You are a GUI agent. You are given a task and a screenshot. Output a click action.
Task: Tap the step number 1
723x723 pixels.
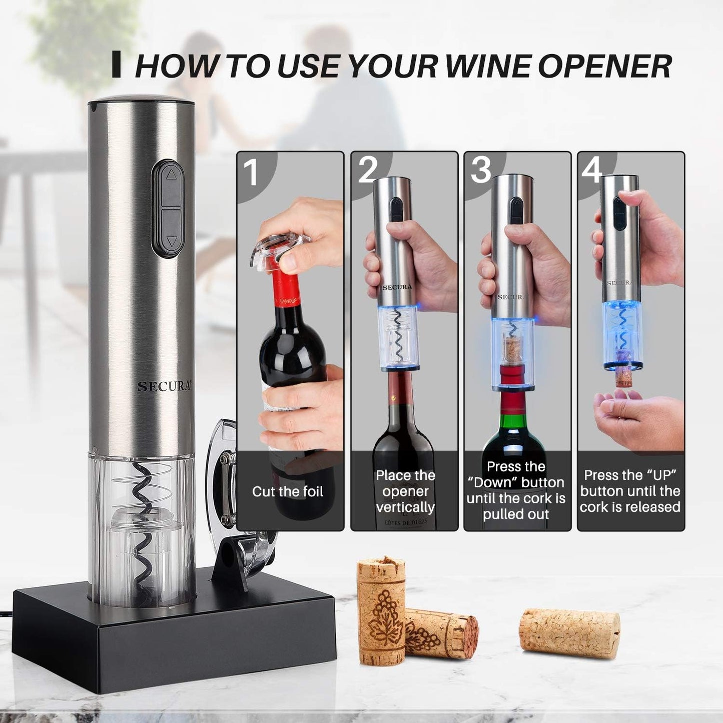(x=251, y=172)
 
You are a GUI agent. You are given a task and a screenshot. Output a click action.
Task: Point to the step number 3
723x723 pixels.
(x=481, y=170)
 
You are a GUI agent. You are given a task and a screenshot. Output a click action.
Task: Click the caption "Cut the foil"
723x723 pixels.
(x=288, y=491)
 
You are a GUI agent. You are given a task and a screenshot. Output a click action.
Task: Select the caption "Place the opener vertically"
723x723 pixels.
(x=405, y=491)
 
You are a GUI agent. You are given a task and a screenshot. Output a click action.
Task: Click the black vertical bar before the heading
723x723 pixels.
(x=117, y=64)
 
